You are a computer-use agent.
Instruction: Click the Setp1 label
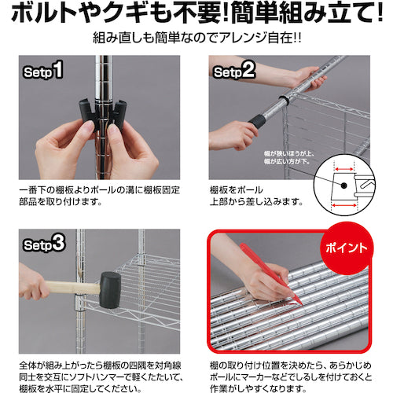coord(43,70)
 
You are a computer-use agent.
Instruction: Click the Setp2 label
coord(234,70)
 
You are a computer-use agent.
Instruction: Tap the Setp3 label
coord(44,244)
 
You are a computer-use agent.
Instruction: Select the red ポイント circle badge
coord(347,248)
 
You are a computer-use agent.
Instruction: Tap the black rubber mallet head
coord(110,290)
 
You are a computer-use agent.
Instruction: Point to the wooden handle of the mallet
coord(74,288)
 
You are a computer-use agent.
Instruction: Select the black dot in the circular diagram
coord(343,185)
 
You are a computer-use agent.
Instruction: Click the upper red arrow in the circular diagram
coord(344,169)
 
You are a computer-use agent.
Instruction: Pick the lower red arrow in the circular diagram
coord(343,206)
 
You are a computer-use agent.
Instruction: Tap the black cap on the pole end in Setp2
coord(256,121)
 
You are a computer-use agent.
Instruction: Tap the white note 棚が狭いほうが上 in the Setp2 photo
coord(288,154)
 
